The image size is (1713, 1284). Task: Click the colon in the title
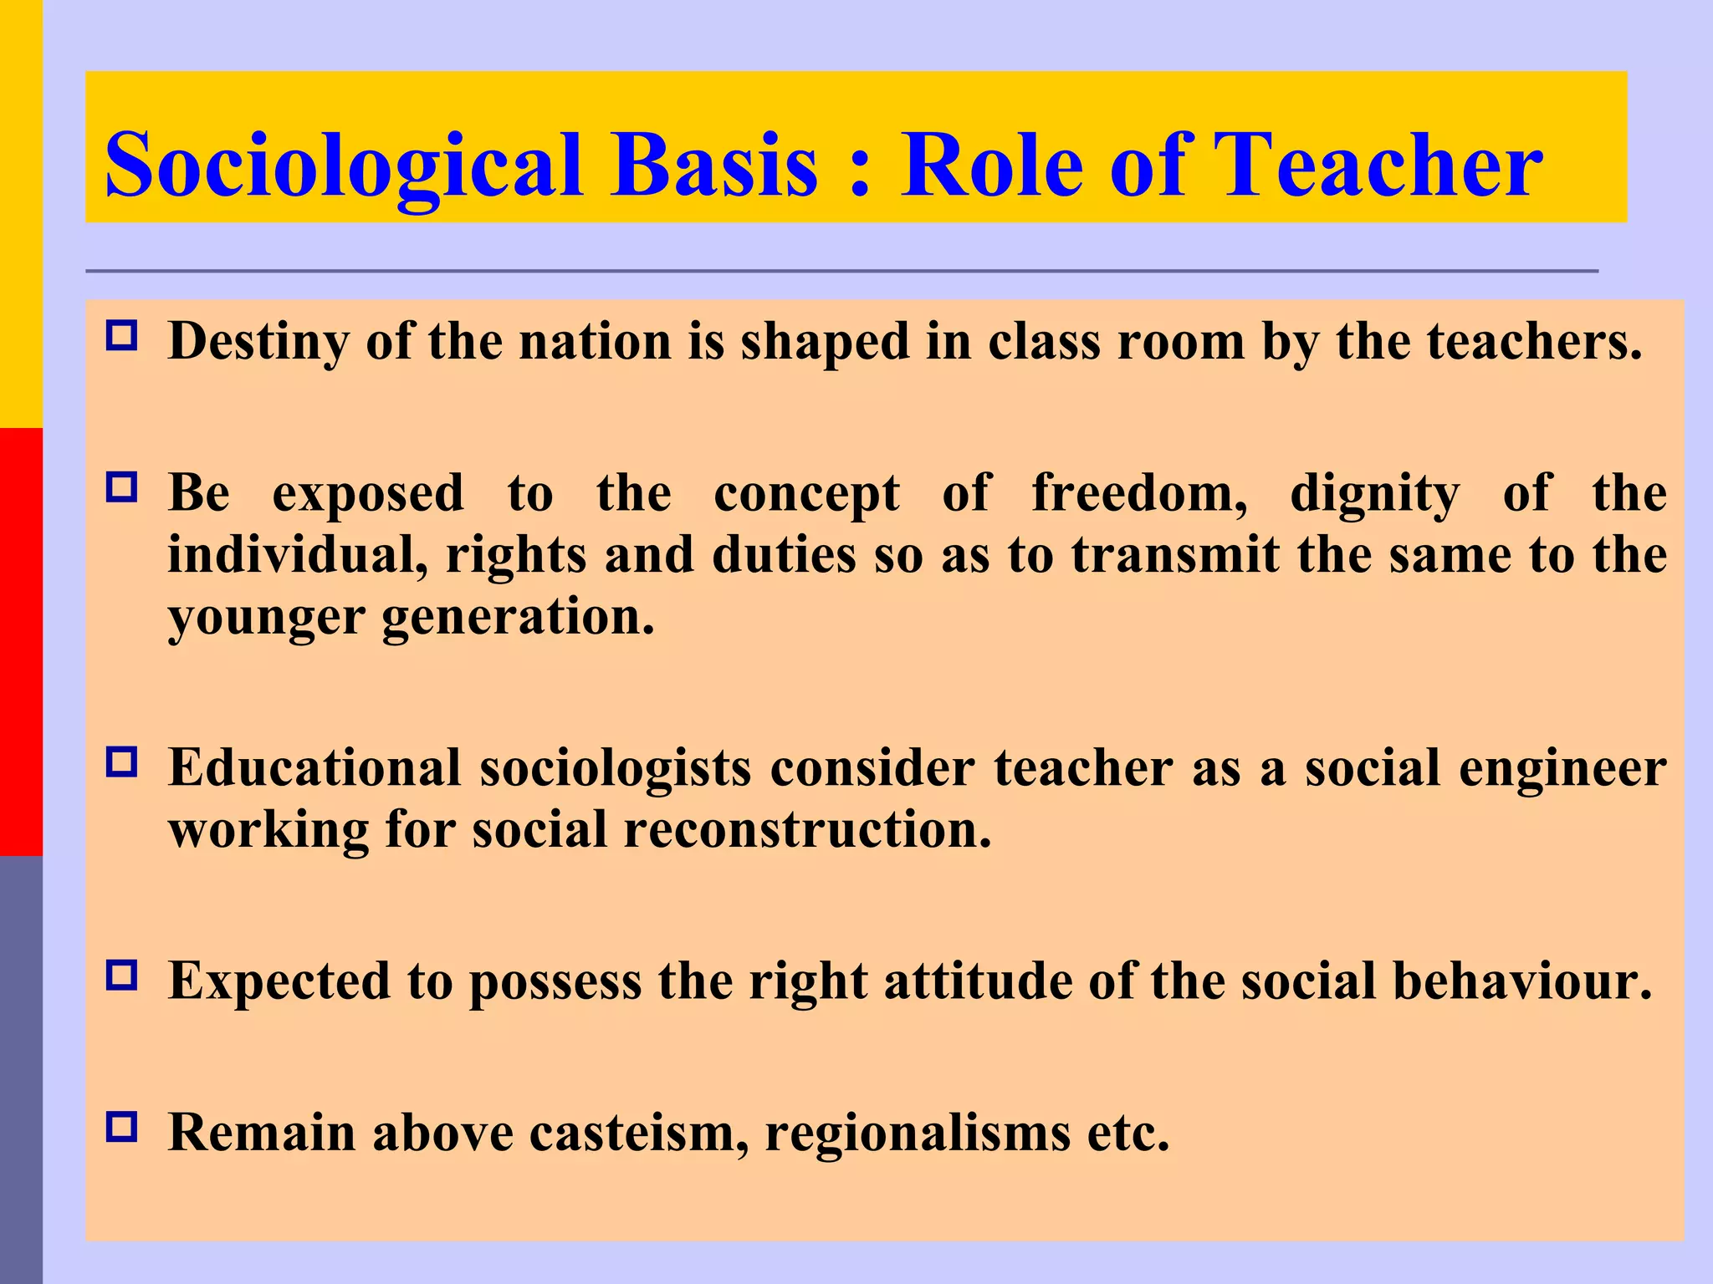click(859, 171)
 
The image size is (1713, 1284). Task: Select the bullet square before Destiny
click(122, 337)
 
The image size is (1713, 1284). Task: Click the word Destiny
click(258, 342)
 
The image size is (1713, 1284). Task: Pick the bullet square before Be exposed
click(122, 487)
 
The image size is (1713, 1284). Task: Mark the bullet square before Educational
click(122, 762)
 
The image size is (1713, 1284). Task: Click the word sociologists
click(616, 768)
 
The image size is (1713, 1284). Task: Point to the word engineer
click(1562, 768)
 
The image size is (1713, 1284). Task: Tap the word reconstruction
click(807, 830)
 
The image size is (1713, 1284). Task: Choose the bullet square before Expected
click(122, 976)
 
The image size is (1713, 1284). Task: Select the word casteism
click(639, 1134)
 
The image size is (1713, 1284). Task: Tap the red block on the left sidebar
click(21, 642)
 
